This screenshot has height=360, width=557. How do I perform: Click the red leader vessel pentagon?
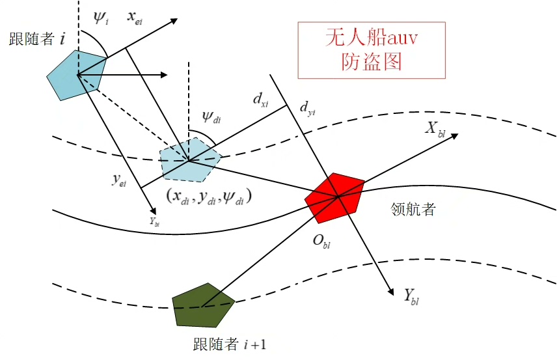335,195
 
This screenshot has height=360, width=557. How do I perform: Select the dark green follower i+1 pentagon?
203,305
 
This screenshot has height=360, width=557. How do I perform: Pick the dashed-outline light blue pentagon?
190,159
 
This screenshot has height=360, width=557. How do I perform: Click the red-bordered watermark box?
372,49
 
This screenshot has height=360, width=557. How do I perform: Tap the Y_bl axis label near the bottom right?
411,297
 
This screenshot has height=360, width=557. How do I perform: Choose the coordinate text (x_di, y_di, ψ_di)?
208,195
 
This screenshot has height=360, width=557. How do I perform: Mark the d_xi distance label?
261,100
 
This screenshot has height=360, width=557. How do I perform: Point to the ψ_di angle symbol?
211,117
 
